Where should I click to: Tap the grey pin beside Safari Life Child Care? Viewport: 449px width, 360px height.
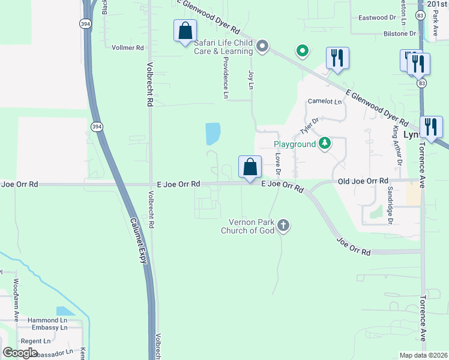point(262,46)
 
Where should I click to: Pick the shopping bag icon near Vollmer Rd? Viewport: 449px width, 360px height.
point(185,31)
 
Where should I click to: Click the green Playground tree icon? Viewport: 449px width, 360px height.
point(325,143)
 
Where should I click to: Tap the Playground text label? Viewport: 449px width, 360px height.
point(295,144)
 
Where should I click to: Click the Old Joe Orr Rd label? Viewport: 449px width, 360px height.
point(363,181)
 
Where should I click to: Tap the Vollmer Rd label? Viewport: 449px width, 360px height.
point(128,47)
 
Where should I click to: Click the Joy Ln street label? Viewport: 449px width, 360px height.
point(251,80)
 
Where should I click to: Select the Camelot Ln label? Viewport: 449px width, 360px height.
point(325,101)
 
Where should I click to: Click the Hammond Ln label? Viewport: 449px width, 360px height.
point(43,320)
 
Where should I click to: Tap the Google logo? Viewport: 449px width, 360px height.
point(20,352)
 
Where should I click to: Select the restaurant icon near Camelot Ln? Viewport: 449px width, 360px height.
point(337,58)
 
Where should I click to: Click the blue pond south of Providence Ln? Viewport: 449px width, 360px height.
point(212,133)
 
